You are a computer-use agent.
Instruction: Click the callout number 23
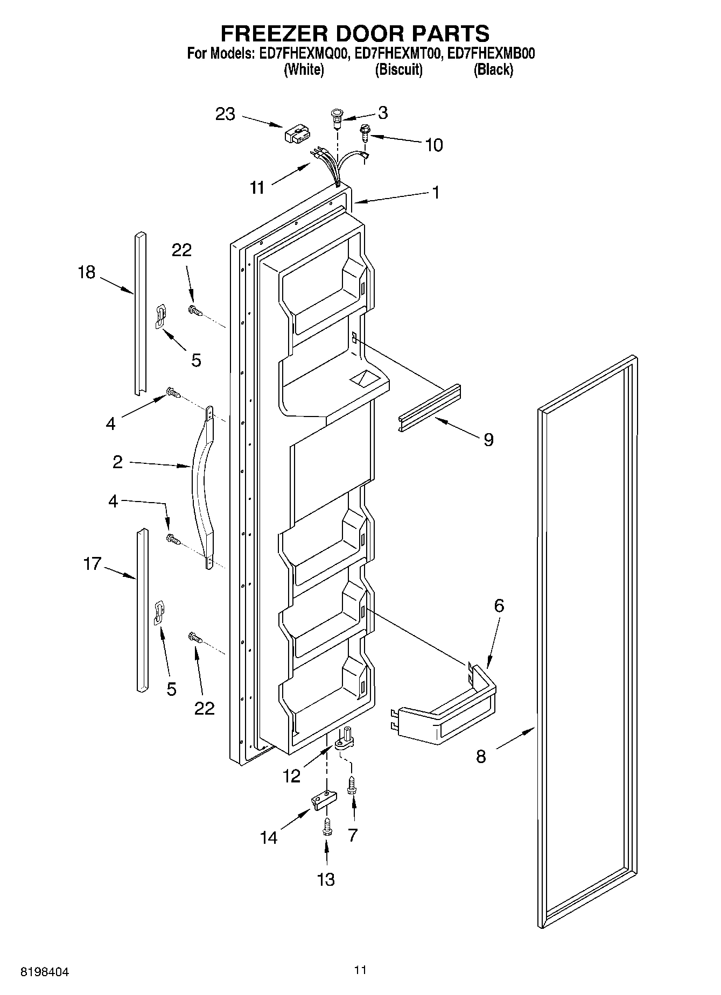(x=226, y=114)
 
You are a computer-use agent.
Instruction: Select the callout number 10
(x=434, y=145)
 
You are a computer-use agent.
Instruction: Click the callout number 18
(x=86, y=272)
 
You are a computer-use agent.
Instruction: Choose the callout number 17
(x=92, y=564)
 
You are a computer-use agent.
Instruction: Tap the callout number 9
(x=488, y=440)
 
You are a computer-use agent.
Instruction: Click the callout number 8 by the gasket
(x=481, y=757)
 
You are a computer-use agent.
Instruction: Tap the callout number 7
(x=353, y=835)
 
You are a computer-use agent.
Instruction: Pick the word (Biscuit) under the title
(x=398, y=69)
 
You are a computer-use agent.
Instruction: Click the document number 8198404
(x=45, y=972)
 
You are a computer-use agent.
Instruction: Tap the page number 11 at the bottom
(x=360, y=970)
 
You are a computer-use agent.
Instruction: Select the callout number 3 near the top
(x=382, y=112)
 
